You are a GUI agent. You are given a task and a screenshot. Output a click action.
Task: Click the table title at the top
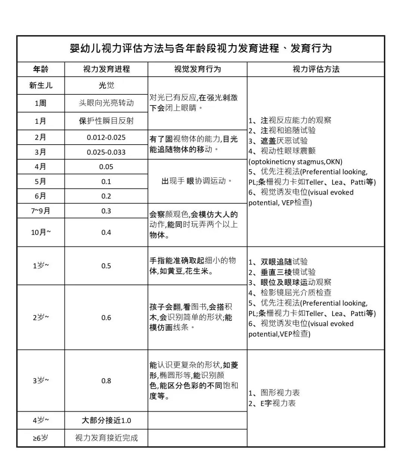[x=201, y=48]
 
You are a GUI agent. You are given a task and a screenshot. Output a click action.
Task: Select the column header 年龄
[x=41, y=69]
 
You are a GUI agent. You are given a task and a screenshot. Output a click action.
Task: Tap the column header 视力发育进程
[x=106, y=69]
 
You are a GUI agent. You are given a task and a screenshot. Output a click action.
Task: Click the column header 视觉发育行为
[x=197, y=69]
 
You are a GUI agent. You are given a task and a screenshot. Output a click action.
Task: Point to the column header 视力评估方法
[x=316, y=69]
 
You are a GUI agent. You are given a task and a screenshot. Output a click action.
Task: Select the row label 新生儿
[x=41, y=85]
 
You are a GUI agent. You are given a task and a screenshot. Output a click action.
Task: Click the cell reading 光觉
[x=106, y=85]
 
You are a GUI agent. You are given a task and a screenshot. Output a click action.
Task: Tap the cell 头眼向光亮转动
[x=106, y=103]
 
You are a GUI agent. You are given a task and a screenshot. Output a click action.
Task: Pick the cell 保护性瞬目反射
[x=106, y=121]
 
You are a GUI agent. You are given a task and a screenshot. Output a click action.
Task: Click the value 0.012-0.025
[x=106, y=137]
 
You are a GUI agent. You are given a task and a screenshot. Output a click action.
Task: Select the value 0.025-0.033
[x=106, y=152]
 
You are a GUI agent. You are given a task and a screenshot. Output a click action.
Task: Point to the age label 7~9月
[x=41, y=211]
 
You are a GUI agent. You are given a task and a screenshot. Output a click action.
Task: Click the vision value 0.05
[x=106, y=167]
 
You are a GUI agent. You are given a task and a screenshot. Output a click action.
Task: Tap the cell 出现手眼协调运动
[x=197, y=181]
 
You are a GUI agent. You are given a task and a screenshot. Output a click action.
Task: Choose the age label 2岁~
[x=41, y=318]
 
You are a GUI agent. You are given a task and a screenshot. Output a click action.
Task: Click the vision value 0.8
[x=106, y=381]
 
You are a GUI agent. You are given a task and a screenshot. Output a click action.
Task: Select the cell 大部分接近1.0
[x=106, y=420]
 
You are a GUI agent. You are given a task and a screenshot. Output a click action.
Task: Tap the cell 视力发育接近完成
[x=106, y=438]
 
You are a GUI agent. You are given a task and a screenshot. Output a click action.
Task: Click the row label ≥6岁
[x=41, y=438]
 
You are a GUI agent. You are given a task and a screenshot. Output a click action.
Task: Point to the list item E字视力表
[x=278, y=403]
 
